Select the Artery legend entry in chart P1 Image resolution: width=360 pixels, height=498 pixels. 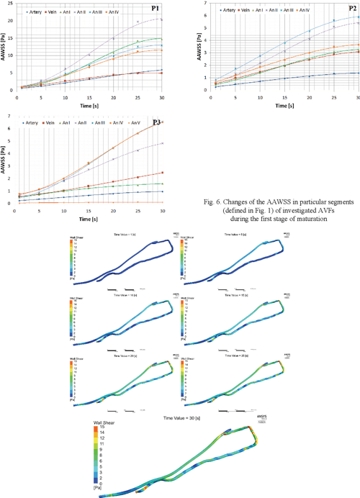[x=32, y=13]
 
